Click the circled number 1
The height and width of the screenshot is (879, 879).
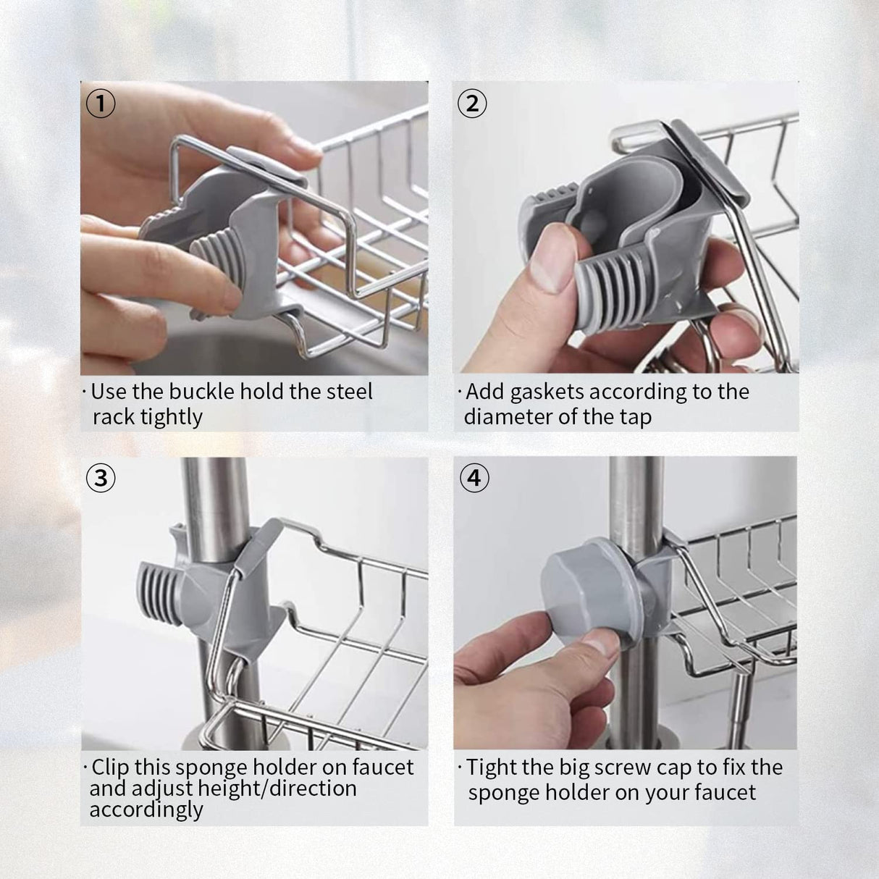point(101,104)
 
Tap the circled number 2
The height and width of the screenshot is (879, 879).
point(473,104)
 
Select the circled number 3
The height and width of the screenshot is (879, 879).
point(101,478)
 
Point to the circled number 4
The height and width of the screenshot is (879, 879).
point(474,478)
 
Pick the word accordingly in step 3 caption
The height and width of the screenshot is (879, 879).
point(146,809)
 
